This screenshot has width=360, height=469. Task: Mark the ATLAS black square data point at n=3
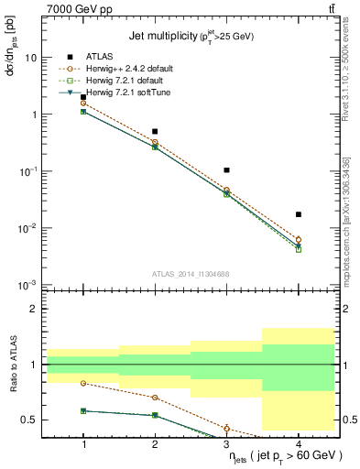pos(226,170)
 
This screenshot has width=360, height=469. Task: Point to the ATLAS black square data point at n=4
pos(299,214)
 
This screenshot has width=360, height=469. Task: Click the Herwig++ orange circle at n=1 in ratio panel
pos(83,383)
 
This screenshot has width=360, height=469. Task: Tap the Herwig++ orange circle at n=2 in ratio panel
pos(155,398)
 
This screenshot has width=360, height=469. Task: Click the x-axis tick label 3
pos(226,444)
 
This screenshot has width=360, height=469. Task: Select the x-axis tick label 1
pos(83,444)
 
